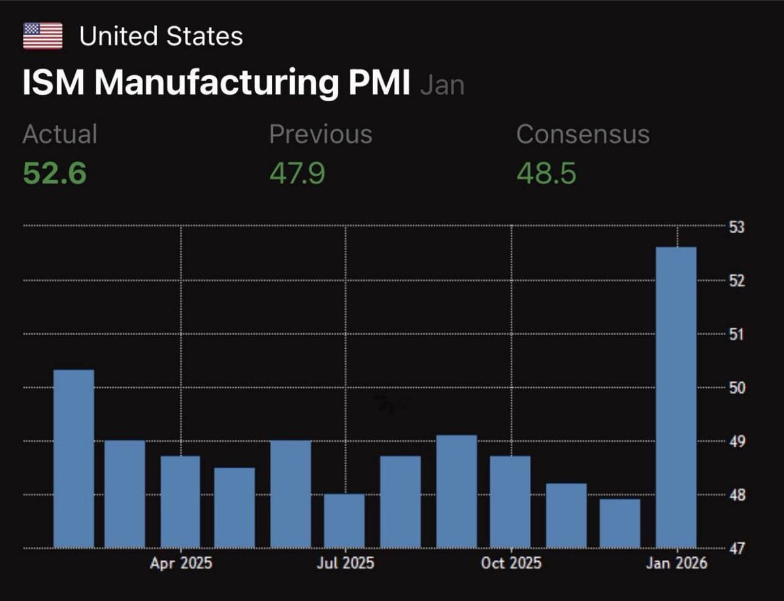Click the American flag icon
(42, 36)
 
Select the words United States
(161, 36)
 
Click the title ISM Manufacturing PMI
(216, 84)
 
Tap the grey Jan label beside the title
(442, 86)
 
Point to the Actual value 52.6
(54, 174)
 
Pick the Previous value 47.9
(297, 174)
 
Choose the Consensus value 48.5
(546, 174)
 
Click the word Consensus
(582, 134)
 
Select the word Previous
(320, 134)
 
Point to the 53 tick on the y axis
(736, 227)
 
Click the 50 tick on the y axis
(736, 388)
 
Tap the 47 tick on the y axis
(736, 549)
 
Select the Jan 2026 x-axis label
(676, 563)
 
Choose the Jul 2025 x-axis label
(345, 563)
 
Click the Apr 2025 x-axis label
(181, 563)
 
